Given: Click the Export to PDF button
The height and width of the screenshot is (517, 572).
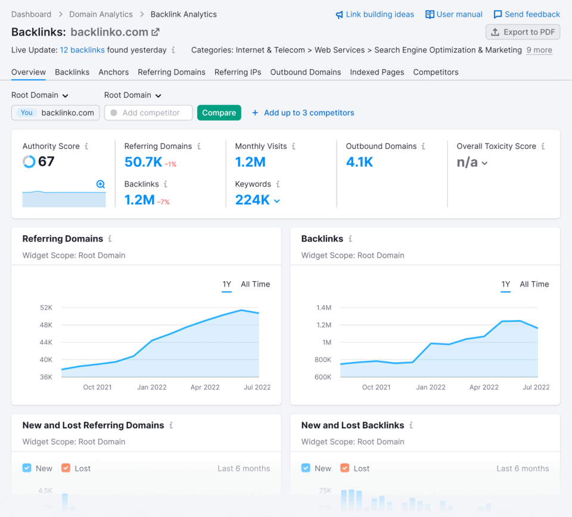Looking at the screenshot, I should pyautogui.click(x=523, y=32).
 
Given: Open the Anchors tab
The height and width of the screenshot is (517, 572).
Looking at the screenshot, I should pyautogui.click(x=114, y=72).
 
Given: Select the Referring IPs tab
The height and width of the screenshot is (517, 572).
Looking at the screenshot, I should pyautogui.click(x=238, y=72).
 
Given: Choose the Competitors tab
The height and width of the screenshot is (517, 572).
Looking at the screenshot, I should pyautogui.click(x=436, y=72).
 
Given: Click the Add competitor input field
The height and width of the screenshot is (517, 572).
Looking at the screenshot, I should pyautogui.click(x=149, y=113).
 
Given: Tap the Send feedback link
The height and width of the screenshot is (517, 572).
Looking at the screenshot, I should pyautogui.click(x=527, y=14).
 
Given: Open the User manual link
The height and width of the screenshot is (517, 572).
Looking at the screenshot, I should pyautogui.click(x=454, y=14).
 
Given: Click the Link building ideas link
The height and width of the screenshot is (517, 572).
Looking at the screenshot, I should pyautogui.click(x=375, y=14).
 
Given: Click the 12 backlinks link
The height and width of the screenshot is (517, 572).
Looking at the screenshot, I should pyautogui.click(x=82, y=50).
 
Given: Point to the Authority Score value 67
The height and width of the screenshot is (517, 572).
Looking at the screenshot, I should pyautogui.click(x=46, y=161).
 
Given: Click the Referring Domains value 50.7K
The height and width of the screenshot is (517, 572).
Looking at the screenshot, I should pyautogui.click(x=143, y=162).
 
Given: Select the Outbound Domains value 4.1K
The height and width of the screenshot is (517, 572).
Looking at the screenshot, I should pyautogui.click(x=359, y=162).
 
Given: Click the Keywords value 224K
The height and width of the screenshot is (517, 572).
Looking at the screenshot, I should pyautogui.click(x=253, y=200).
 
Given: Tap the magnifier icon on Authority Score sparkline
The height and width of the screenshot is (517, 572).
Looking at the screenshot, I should pyautogui.click(x=101, y=185).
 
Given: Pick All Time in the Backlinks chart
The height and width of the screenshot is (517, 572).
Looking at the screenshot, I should pyautogui.click(x=534, y=284).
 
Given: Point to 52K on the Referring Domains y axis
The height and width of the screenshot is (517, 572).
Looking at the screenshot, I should pyautogui.click(x=46, y=308).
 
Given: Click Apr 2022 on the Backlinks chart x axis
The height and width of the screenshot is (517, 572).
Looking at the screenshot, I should pyautogui.click(x=484, y=387).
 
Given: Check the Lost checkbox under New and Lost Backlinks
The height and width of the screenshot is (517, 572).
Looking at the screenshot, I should pyautogui.click(x=345, y=468).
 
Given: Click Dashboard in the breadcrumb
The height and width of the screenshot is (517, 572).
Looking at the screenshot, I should pyautogui.click(x=31, y=14).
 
